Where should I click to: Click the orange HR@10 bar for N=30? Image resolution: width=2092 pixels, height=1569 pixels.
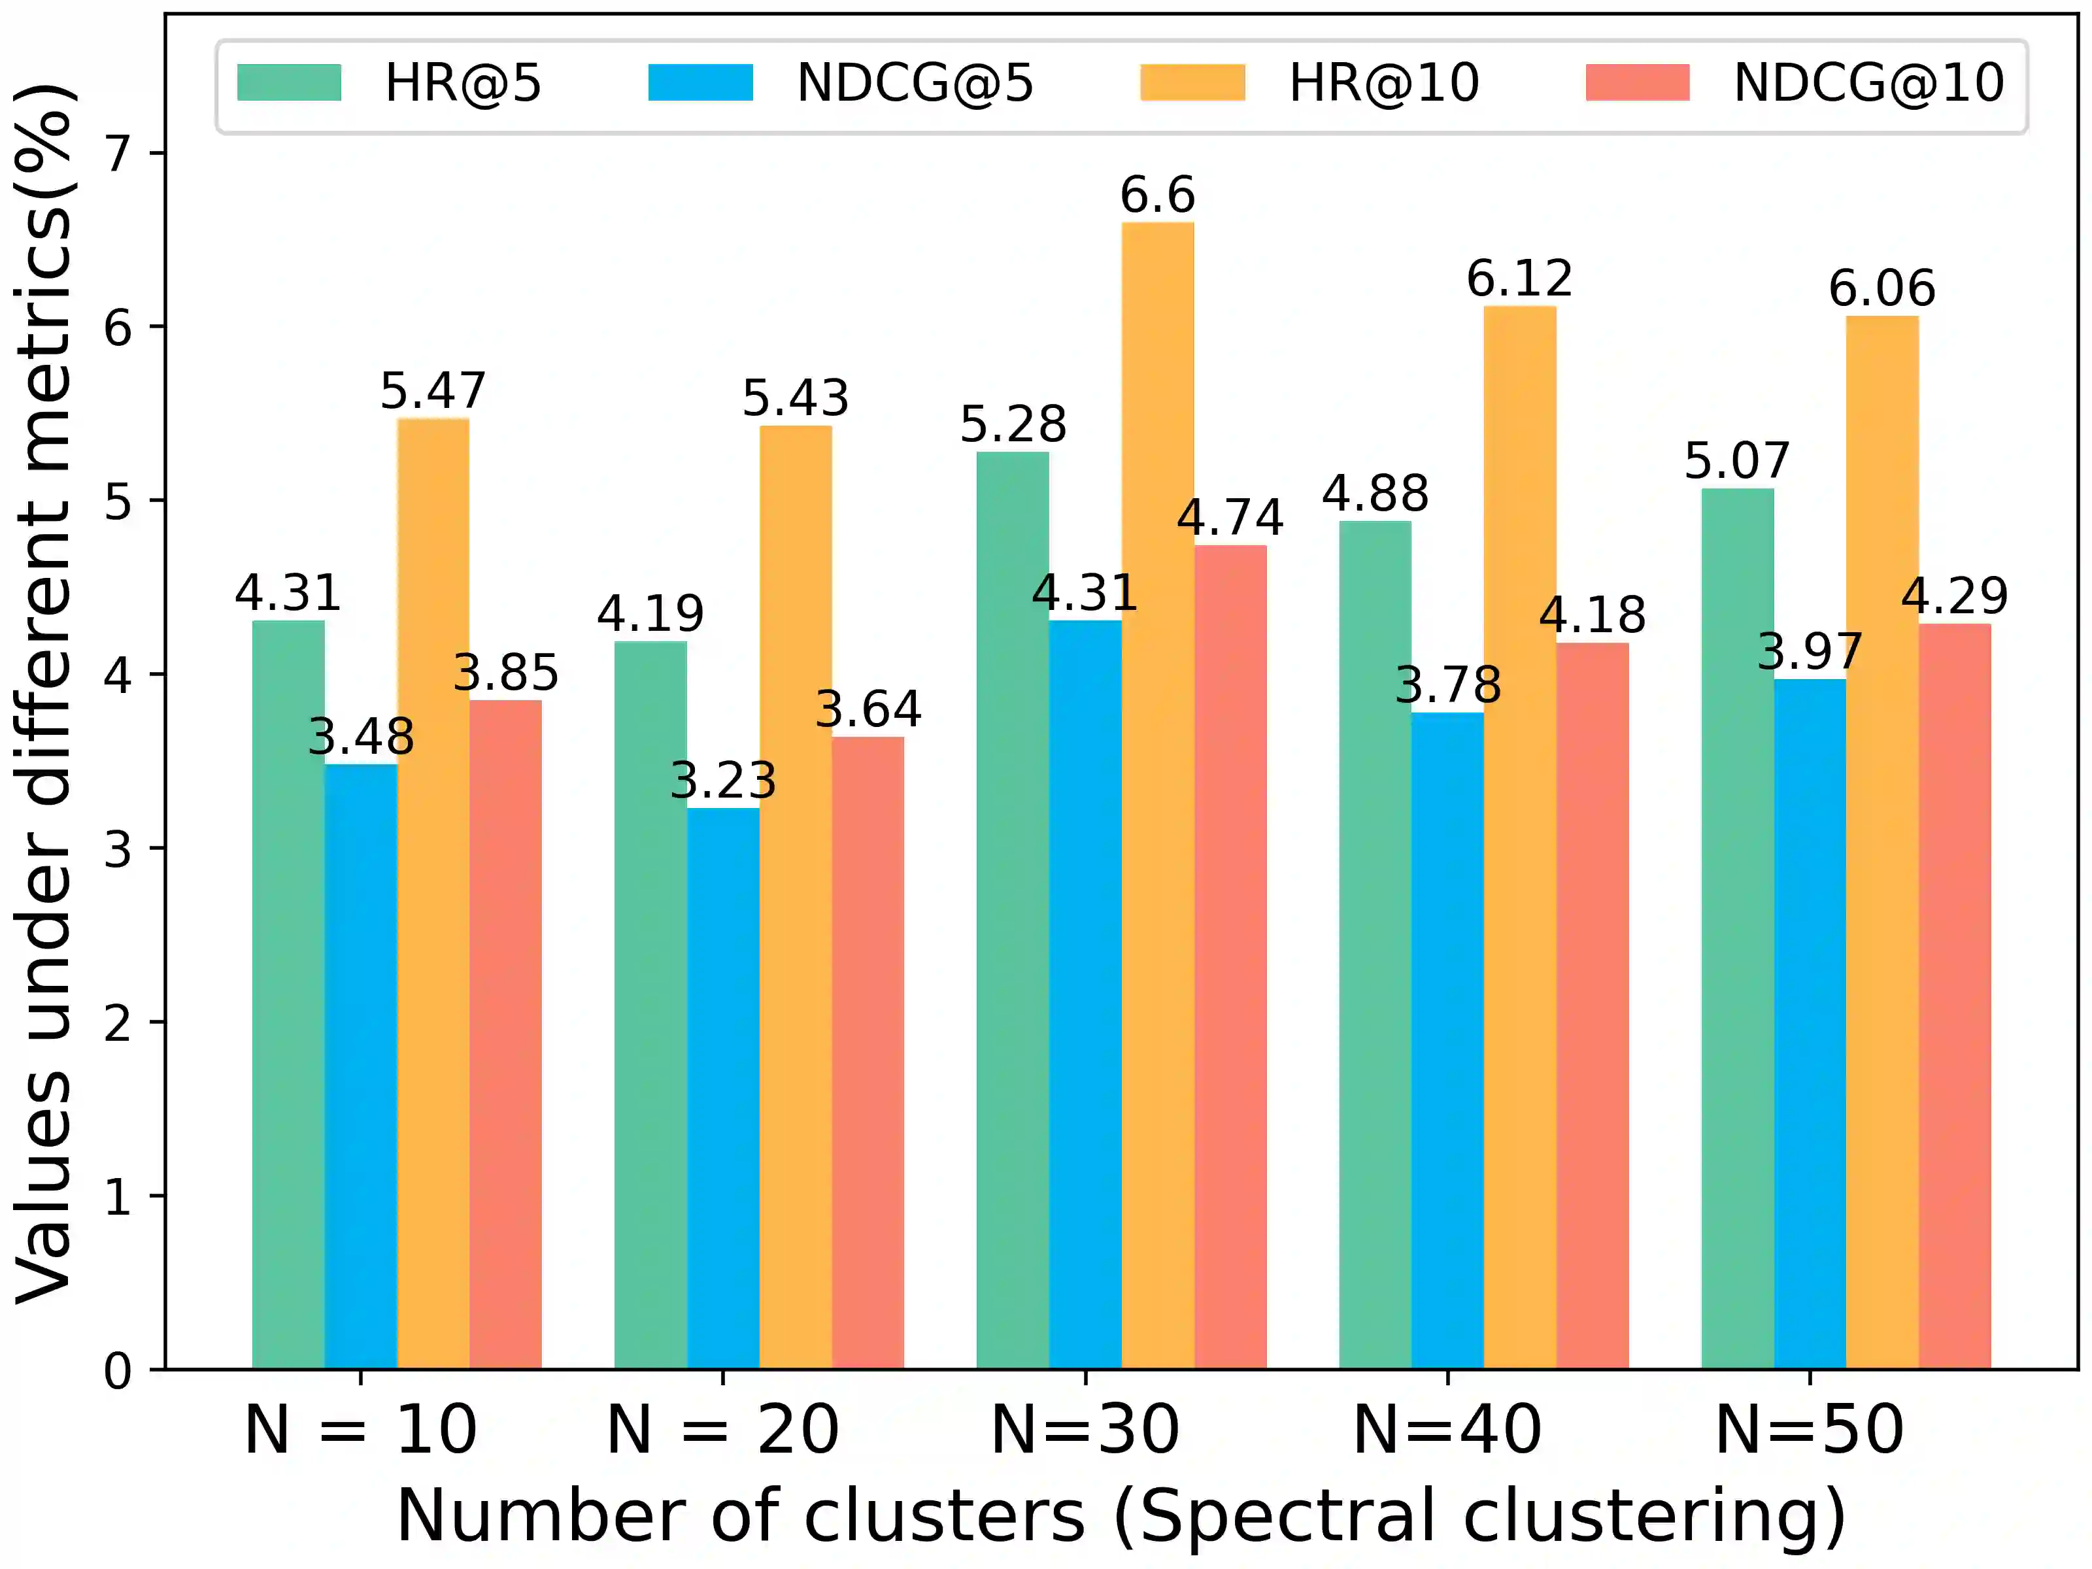(1158, 794)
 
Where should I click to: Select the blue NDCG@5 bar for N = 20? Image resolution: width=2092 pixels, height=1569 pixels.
(722, 1088)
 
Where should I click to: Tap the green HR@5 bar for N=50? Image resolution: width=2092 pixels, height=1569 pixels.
(1738, 927)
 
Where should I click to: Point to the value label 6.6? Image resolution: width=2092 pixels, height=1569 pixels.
(1158, 195)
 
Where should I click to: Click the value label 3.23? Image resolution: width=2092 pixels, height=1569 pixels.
(722, 781)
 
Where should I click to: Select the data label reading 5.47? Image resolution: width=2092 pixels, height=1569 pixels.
(433, 390)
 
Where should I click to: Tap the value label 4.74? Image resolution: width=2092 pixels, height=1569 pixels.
(1230, 518)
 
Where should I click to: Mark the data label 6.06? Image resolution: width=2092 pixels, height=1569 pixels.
(1882, 288)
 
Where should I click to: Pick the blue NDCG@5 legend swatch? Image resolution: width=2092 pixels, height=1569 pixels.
(700, 82)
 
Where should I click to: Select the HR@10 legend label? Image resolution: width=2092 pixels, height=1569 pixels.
(1383, 83)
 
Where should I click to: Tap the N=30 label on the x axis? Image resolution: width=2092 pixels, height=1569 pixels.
(1085, 1430)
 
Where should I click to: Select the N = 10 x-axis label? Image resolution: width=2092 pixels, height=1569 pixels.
(360, 1430)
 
